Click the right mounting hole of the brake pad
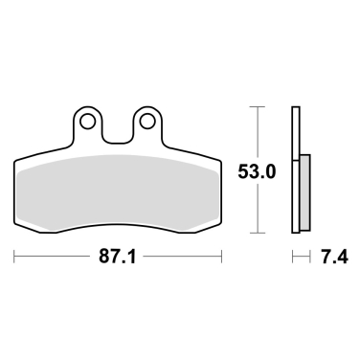pos(146,122)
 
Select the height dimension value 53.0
pos(256,172)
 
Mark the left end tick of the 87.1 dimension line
pos(16,257)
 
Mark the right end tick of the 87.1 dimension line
pos(223,257)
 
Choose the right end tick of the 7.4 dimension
pos(309,257)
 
